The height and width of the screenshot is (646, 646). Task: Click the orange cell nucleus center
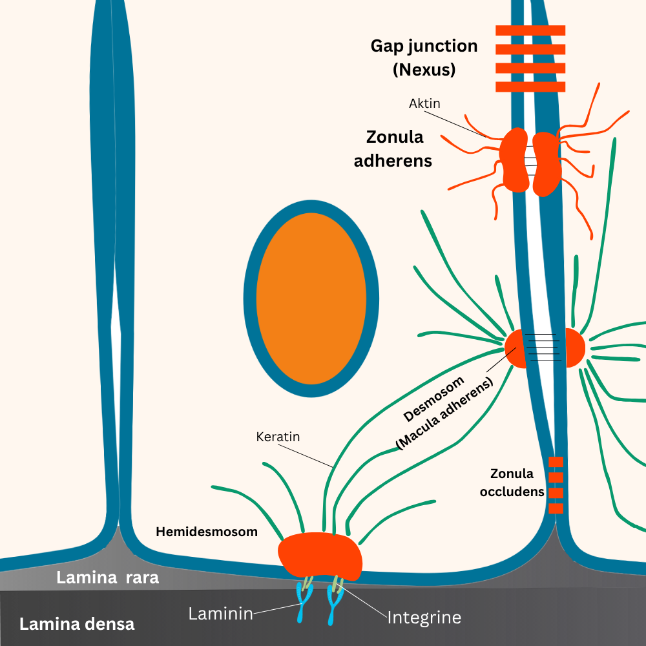click(x=311, y=298)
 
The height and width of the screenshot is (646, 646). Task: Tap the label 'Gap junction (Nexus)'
click(x=424, y=57)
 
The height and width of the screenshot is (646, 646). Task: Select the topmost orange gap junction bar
click(x=530, y=30)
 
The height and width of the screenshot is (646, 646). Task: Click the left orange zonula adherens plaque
click(x=515, y=160)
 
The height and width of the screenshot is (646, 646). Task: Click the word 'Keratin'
click(x=278, y=437)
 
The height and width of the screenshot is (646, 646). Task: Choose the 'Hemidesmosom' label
click(x=207, y=532)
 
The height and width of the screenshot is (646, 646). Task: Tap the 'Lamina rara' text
click(x=107, y=578)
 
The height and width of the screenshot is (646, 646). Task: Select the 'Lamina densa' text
click(x=77, y=624)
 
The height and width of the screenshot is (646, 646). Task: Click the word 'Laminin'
click(x=220, y=614)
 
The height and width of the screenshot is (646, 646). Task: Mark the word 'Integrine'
click(x=424, y=618)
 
